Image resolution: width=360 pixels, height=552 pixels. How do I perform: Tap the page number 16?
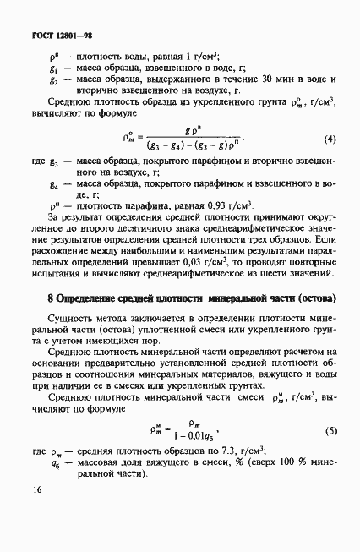tap(35, 513)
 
